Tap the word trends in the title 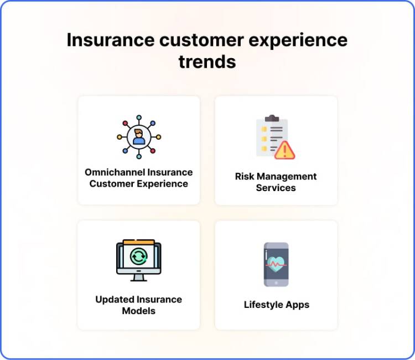pyautogui.click(x=207, y=62)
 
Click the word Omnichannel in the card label pyautogui.click(x=112, y=172)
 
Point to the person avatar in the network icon pyautogui.click(x=138, y=136)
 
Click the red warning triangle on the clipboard pyautogui.click(x=285, y=150)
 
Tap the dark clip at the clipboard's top pyautogui.click(x=272, y=119)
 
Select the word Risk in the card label pyautogui.click(x=245, y=177)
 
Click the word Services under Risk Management pyautogui.click(x=276, y=188)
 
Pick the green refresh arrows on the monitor pyautogui.click(x=138, y=256)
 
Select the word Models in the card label pyautogui.click(x=138, y=311)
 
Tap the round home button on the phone pyautogui.click(x=276, y=282)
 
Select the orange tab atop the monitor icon pyautogui.click(x=138, y=241)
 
